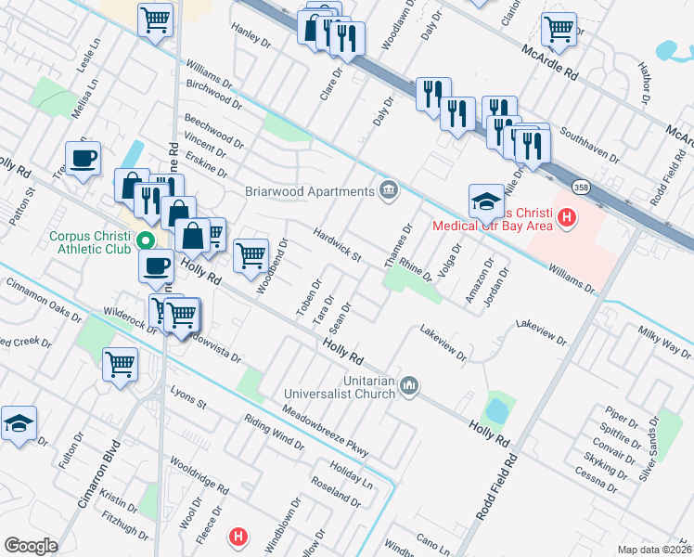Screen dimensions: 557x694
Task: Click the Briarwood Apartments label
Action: coord(309,192)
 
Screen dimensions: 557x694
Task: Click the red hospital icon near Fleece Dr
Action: coord(239,537)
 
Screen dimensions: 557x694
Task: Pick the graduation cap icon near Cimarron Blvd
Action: coord(19,422)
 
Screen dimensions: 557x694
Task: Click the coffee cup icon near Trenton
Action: coord(84,158)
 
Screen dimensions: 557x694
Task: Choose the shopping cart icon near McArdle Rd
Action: coord(559,29)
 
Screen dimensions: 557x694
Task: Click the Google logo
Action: coord(31,545)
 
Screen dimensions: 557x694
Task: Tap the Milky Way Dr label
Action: coord(664,342)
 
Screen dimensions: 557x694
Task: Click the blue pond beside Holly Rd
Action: coord(496,408)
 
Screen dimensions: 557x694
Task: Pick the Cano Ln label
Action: coord(432,540)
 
